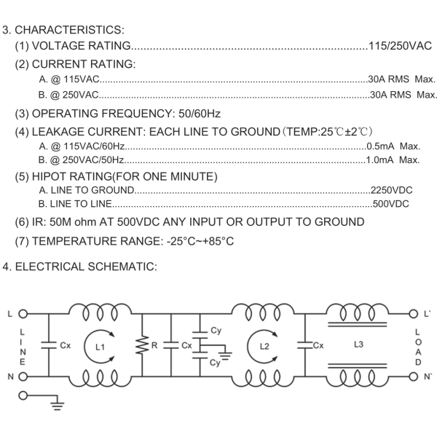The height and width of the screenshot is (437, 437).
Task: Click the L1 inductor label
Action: point(100,347)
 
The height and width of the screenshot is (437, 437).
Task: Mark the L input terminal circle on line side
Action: point(23,315)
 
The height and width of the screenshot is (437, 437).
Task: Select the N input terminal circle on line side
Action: point(23,377)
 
